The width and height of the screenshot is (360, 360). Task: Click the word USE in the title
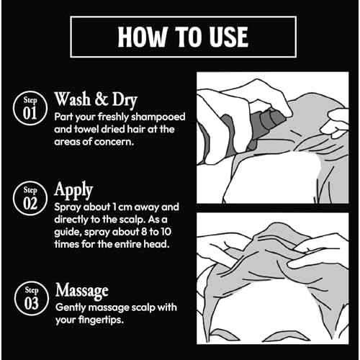229,37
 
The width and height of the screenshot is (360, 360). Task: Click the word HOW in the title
143,37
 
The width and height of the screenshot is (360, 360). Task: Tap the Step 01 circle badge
30,108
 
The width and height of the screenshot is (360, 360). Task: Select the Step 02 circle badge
30,198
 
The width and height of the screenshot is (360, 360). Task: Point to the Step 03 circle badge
32,298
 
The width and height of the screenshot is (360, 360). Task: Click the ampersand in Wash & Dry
102,99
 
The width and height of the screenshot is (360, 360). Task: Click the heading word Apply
73,190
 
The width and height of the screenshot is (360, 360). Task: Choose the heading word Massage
82,291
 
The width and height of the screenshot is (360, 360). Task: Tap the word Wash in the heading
73,99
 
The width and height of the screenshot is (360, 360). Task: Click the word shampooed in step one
158,117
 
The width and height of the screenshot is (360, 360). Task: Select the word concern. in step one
113,142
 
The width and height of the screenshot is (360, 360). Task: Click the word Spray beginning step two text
68,207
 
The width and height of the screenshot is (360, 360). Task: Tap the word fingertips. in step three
104,320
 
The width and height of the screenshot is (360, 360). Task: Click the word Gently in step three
71,308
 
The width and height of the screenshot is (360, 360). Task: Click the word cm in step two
125,207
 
